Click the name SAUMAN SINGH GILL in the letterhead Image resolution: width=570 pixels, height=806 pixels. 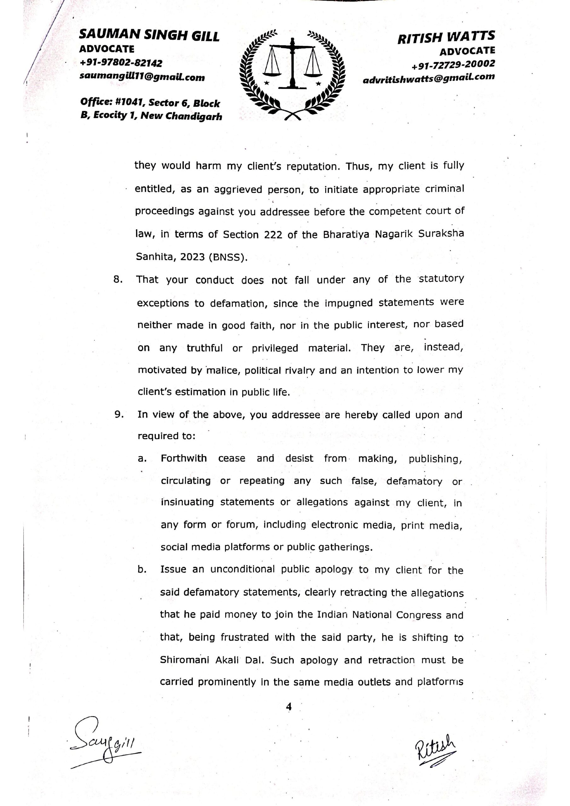pyautogui.click(x=149, y=36)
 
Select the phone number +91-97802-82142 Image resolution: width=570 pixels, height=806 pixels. pyautogui.click(x=121, y=63)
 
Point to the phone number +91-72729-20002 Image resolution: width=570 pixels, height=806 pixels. pyautogui.click(x=453, y=64)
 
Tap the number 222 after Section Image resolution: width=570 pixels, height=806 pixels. pyautogui.click(x=273, y=235)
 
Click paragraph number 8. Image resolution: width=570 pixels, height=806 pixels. pyautogui.click(x=118, y=280)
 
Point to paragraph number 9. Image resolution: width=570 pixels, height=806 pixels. pyautogui.click(x=119, y=415)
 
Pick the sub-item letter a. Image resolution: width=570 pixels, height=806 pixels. pyautogui.click(x=141, y=459)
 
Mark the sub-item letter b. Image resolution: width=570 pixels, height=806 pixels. pyautogui.click(x=142, y=570)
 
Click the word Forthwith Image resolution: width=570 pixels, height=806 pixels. pyautogui.click(x=184, y=458)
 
